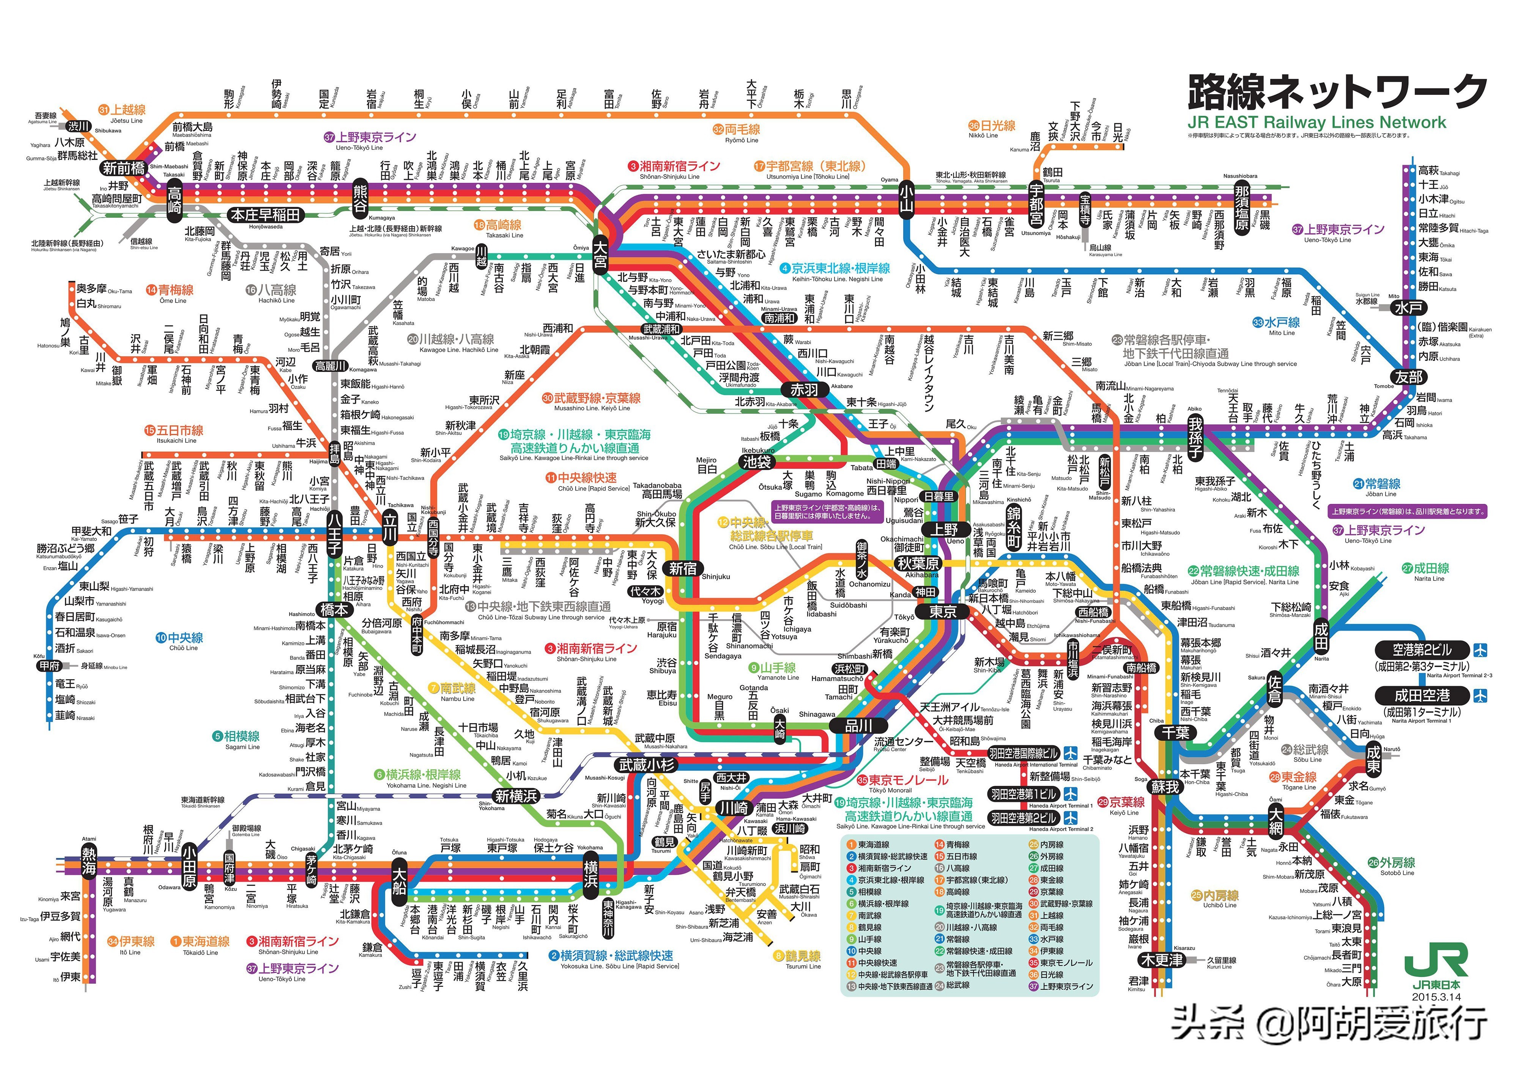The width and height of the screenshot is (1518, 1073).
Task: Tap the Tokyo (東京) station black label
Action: tap(942, 612)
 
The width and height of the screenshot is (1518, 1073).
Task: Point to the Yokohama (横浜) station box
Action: tap(591, 875)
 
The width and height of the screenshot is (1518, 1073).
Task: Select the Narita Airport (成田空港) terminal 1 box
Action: tap(1422, 695)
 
